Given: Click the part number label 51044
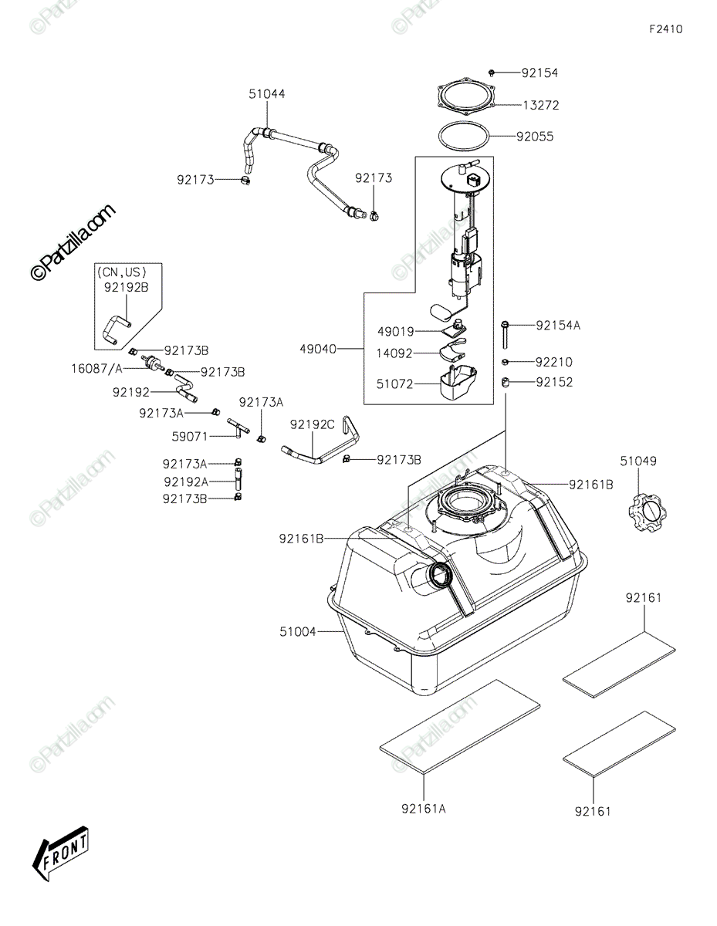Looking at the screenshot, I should (x=266, y=94).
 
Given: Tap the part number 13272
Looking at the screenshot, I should (x=540, y=105).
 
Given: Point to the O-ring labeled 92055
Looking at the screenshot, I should (x=465, y=137).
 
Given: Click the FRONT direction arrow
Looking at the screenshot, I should (x=60, y=854).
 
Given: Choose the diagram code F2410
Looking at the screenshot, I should (x=665, y=29).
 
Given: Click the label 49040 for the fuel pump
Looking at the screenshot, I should (x=320, y=349).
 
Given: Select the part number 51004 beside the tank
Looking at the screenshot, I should (x=298, y=632).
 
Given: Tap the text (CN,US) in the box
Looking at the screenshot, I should (x=122, y=271).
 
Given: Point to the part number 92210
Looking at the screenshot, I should (x=554, y=362).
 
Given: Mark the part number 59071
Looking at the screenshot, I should (x=190, y=436).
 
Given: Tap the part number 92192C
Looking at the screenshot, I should (x=313, y=424).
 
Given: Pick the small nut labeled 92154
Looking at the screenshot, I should (x=492, y=73).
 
